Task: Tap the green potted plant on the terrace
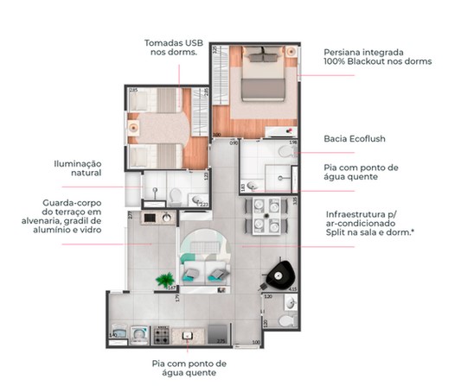pyautogui.click(x=163, y=279)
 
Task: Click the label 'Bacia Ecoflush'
pyautogui.click(x=354, y=137)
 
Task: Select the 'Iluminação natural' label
pyautogui.click(x=76, y=168)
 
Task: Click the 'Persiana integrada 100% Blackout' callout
pyautogui.click(x=376, y=56)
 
